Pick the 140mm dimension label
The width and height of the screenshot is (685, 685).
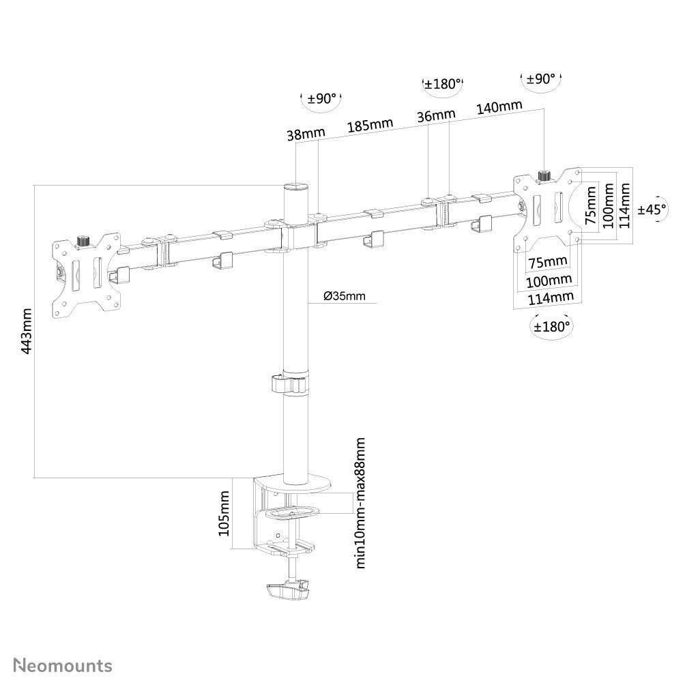499,107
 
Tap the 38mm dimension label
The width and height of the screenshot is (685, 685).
302,135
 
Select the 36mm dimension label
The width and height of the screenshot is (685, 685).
434,116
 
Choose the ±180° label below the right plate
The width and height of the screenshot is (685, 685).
551,326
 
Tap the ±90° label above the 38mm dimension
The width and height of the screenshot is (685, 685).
321,99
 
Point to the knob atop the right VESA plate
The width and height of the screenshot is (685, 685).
544,176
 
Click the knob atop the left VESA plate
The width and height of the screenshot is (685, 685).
84,241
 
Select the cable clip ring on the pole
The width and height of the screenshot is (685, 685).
289,384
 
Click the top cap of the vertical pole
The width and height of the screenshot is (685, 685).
295,185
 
